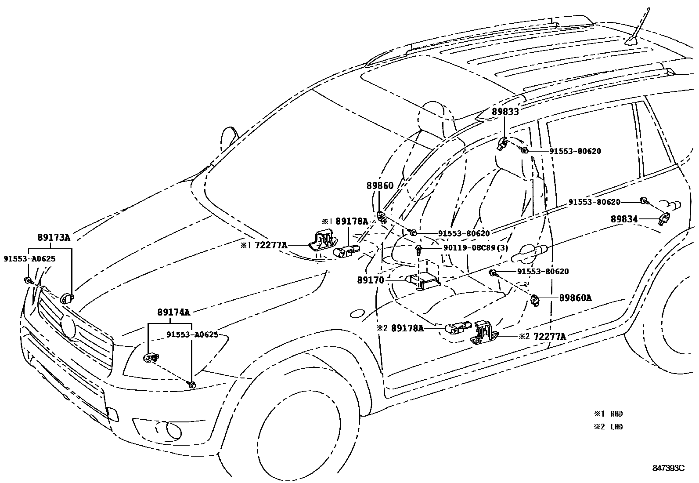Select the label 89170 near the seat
(x=371, y=280)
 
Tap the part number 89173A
(x=54, y=237)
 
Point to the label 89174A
(x=174, y=312)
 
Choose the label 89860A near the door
(x=575, y=298)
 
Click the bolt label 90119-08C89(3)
(x=476, y=248)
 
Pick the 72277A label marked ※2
(x=549, y=337)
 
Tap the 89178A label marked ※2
(x=407, y=328)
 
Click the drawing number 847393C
(x=668, y=468)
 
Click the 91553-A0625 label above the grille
(x=29, y=258)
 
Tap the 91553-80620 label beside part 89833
(x=575, y=151)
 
